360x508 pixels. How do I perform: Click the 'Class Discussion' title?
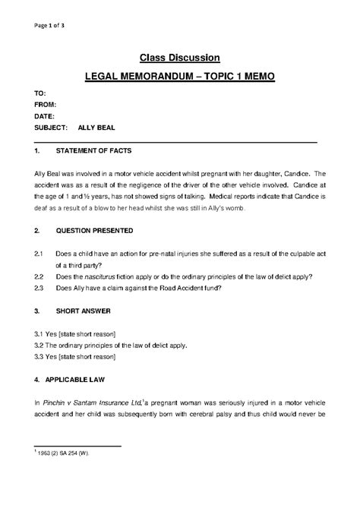180,57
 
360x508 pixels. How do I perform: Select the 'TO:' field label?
40,91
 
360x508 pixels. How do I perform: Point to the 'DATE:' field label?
45,115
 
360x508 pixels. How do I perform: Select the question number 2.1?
39,250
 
